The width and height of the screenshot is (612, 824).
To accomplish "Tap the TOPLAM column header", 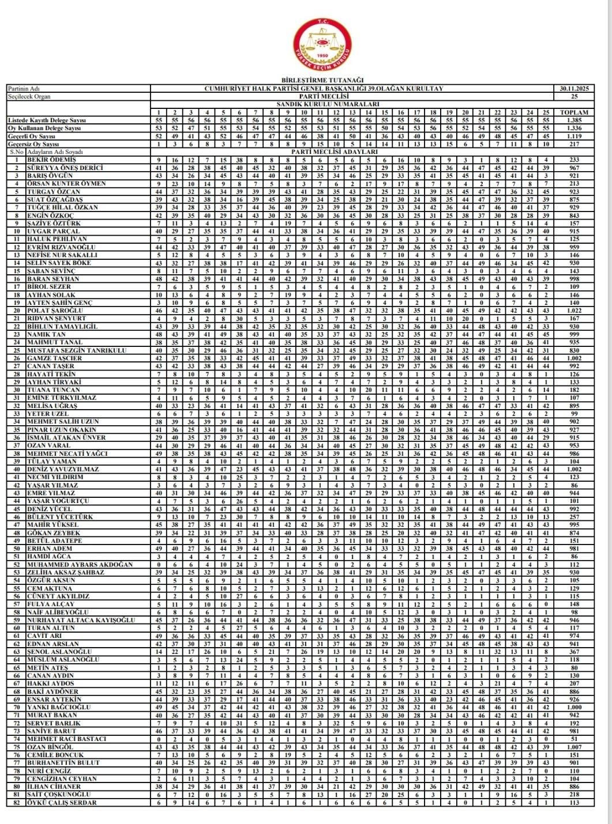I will click(574, 112).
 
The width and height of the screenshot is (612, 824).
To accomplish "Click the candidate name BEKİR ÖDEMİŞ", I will click(51, 160).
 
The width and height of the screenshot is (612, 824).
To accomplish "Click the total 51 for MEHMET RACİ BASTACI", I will click(574, 739).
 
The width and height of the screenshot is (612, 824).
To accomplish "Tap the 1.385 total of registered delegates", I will click(574, 120).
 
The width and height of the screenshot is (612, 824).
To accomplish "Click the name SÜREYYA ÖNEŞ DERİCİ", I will click(65, 168).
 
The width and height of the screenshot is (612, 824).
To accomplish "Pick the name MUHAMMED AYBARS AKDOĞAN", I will click(80, 564).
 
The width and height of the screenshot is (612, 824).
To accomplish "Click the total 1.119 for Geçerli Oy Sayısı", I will click(574, 136).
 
